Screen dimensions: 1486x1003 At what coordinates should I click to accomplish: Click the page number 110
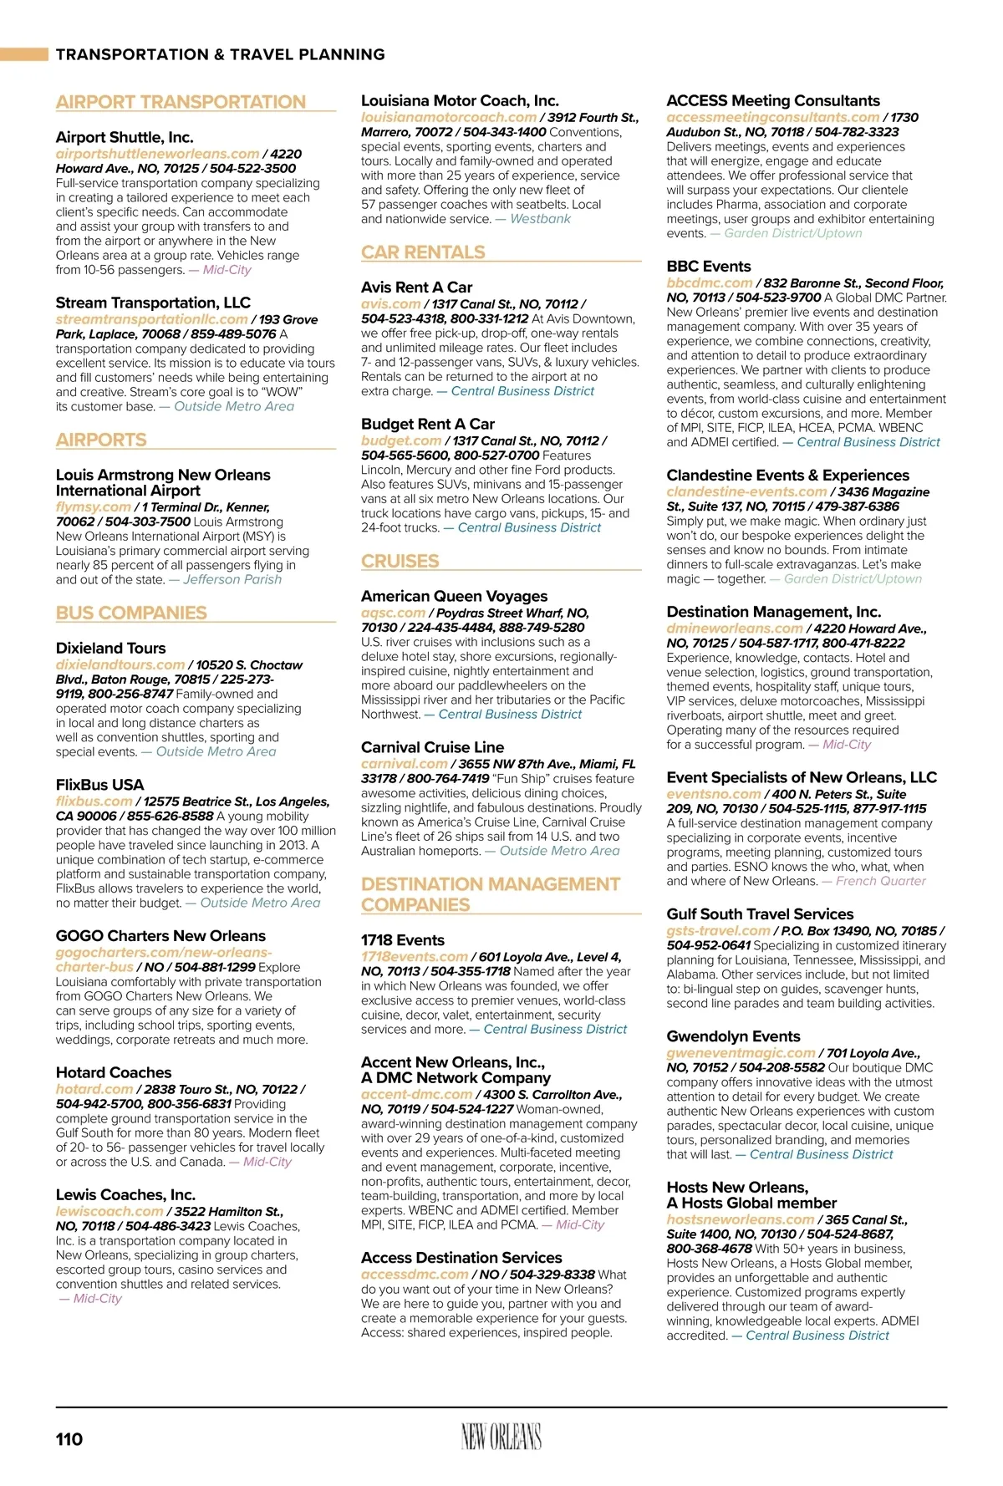click(x=69, y=1438)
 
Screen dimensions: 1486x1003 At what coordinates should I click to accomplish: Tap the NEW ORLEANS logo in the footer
click(x=501, y=1437)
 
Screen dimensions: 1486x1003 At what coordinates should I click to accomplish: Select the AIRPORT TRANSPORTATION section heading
click(x=181, y=102)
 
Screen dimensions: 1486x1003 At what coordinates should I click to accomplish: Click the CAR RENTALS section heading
click(x=423, y=252)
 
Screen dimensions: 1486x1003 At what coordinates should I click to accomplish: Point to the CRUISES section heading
click(x=400, y=561)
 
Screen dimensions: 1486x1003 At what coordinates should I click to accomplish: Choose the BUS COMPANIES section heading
click(x=131, y=613)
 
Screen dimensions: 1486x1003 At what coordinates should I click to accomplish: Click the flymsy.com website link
click(x=94, y=506)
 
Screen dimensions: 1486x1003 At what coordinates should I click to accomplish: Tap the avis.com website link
click(x=390, y=303)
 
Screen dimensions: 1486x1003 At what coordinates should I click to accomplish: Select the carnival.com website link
click(x=405, y=763)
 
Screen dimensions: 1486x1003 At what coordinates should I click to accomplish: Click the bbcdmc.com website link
click(x=710, y=282)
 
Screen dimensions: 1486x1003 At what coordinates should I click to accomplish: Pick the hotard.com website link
click(x=94, y=1089)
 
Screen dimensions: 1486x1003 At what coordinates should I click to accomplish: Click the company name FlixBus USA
click(x=99, y=784)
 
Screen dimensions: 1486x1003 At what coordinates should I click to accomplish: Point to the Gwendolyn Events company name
click(x=733, y=1036)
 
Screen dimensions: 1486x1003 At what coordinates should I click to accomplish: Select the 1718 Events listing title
click(x=403, y=939)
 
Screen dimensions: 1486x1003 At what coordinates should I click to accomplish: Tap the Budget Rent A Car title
click(x=428, y=424)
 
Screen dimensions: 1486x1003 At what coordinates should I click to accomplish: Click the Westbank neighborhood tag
click(x=540, y=218)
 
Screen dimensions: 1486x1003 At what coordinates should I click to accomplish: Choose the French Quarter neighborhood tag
click(x=881, y=880)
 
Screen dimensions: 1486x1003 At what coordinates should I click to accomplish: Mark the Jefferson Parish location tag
click(x=232, y=579)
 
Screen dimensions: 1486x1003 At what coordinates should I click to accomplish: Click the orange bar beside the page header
click(x=24, y=54)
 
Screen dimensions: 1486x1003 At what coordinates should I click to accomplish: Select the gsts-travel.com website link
click(x=718, y=930)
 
